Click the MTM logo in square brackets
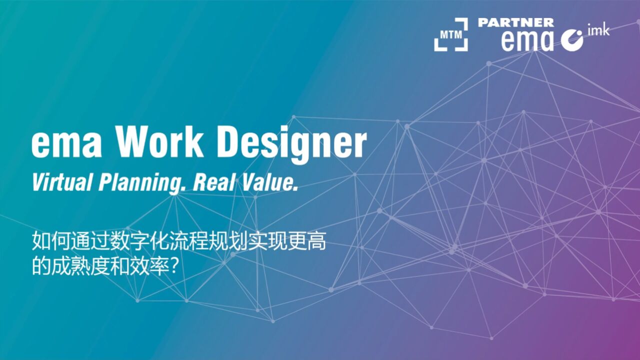pos(451,34)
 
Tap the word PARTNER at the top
pos(516,22)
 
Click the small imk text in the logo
pos(598,29)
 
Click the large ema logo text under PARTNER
pos(527,41)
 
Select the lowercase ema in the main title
pos(66,145)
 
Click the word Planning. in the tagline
pos(142,183)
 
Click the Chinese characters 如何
pos(51,241)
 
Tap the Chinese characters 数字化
pos(139,241)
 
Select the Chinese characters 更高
pos(307,241)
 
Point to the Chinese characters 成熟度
pos(81,266)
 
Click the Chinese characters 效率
pos(149,266)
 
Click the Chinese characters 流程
pos(189,241)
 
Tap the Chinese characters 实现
pos(267,241)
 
